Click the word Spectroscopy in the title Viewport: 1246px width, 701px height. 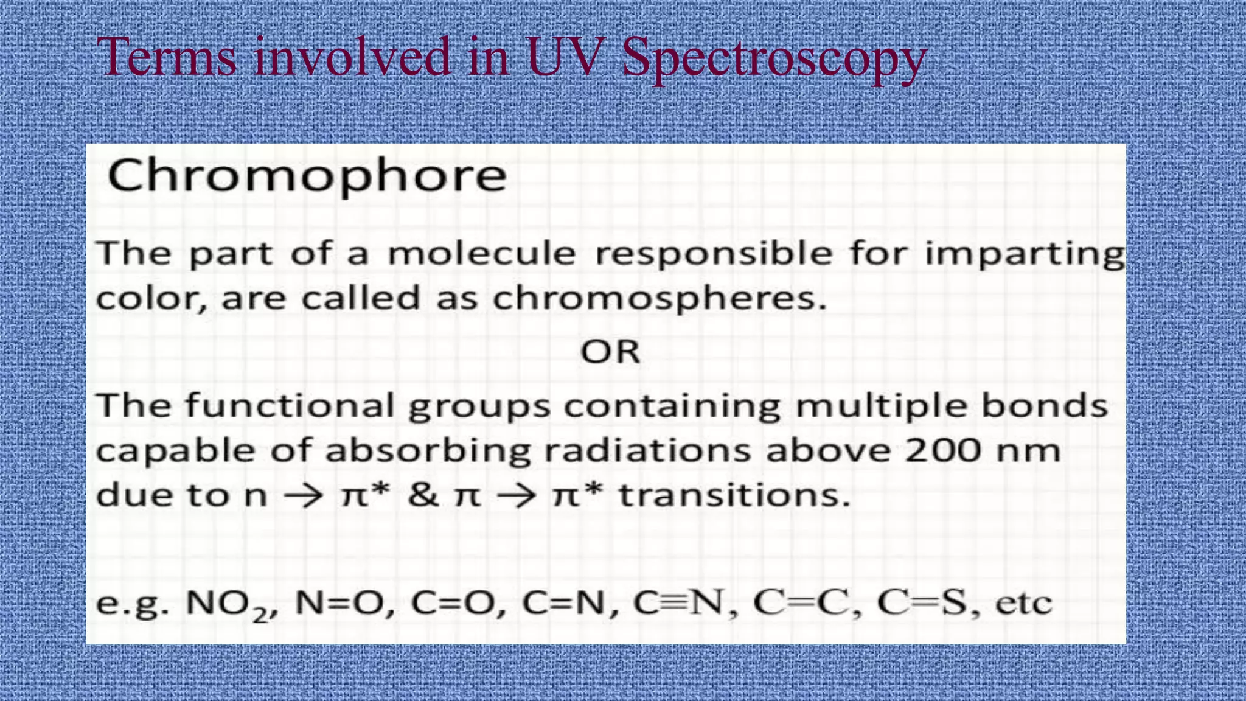pyautogui.click(x=774, y=59)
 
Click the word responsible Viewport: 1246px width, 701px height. pyautogui.click(x=713, y=254)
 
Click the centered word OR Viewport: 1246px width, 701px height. pyautogui.click(x=610, y=352)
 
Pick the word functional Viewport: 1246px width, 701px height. pyautogui.click(x=290, y=406)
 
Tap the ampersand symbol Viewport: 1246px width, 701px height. pyautogui.click(x=423, y=494)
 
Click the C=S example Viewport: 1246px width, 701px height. pyautogui.click(x=922, y=603)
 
